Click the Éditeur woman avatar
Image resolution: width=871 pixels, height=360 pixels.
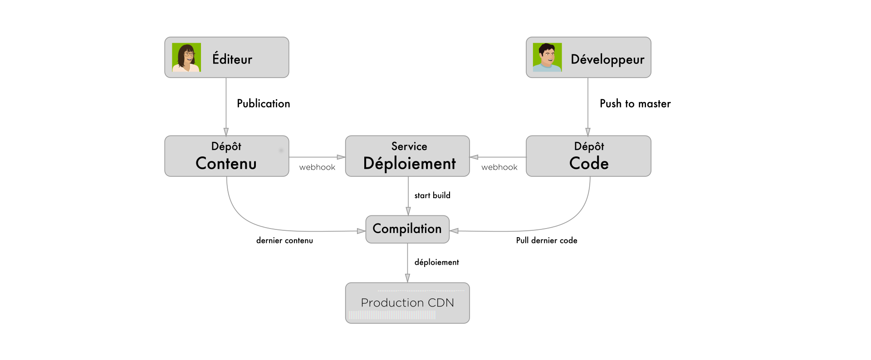pos(186,58)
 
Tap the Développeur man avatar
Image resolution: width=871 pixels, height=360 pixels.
pos(547,58)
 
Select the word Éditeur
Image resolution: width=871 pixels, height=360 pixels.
pos(232,59)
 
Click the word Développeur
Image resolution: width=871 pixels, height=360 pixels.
pos(607,59)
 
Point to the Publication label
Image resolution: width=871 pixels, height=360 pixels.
pos(263,103)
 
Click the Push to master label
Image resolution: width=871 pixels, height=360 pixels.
pos(635,103)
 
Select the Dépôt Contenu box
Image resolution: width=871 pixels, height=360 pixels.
pos(227,156)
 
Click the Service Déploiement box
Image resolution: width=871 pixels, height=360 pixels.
pos(407,156)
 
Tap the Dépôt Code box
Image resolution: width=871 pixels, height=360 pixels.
pos(588,156)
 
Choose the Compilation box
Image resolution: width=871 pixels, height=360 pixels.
pos(407,229)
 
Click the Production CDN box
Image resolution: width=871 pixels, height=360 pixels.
pos(407,303)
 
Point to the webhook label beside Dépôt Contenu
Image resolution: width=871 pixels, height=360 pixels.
pos(317,167)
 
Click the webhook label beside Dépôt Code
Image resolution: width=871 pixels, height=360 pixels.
pos(499,167)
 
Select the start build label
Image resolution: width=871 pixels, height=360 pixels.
pos(432,195)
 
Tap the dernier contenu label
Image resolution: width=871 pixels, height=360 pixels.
pos(284,240)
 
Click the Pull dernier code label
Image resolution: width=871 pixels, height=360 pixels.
pos(547,240)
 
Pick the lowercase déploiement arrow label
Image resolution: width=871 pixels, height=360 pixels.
pos(436,262)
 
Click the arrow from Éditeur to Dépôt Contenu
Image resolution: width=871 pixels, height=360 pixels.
pos(226,107)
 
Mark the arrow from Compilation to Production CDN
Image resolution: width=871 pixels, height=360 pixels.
pos(407,263)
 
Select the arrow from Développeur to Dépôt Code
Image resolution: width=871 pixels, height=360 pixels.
pos(588,107)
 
